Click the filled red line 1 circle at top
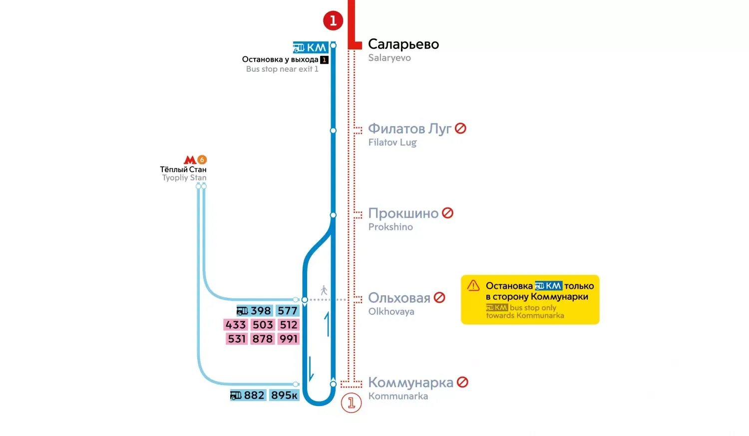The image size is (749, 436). coord(333,20)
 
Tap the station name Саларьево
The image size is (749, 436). coord(403,44)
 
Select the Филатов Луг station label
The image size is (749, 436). coord(409,129)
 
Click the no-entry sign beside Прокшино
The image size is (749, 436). coord(448,213)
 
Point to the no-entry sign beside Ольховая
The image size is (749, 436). coord(439,297)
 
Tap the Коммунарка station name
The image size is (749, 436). coord(410,383)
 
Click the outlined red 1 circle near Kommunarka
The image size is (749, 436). coord(351,403)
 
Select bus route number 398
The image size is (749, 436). coord(261,311)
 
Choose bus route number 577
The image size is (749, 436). coord(288,311)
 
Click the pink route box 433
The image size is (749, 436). coord(236,325)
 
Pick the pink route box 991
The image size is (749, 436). coord(289,339)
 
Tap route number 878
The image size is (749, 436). coord(263,339)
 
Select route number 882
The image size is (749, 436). coord(254,396)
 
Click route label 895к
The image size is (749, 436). coord(284,396)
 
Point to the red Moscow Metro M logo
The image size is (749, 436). coord(190,160)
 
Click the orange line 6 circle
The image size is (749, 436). coord(202,160)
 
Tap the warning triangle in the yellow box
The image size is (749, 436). coord(473,285)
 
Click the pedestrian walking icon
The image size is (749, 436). coord(324,290)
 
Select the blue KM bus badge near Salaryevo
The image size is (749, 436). coord(310,47)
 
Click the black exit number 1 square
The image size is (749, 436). coord(324,60)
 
